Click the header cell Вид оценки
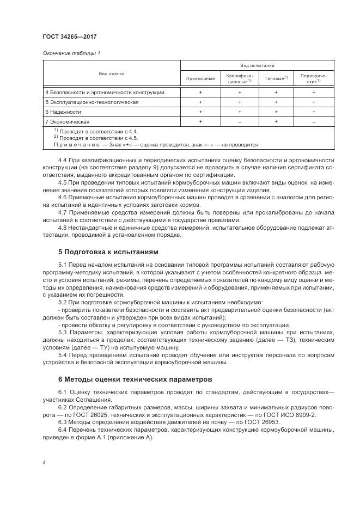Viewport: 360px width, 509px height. [x=111, y=73]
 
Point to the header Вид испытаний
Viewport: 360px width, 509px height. [x=257, y=65]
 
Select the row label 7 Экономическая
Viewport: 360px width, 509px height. [x=67, y=121]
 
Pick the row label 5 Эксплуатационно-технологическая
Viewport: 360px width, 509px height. [x=91, y=102]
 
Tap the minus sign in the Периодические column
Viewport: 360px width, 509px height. [x=314, y=121]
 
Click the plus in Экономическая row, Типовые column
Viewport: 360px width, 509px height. [x=276, y=121]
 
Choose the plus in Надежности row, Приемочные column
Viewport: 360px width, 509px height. [x=200, y=112]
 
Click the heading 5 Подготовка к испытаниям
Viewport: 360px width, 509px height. [x=107, y=253]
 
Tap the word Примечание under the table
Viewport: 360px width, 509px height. [x=74, y=145]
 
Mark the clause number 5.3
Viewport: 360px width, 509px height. [x=62, y=332]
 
